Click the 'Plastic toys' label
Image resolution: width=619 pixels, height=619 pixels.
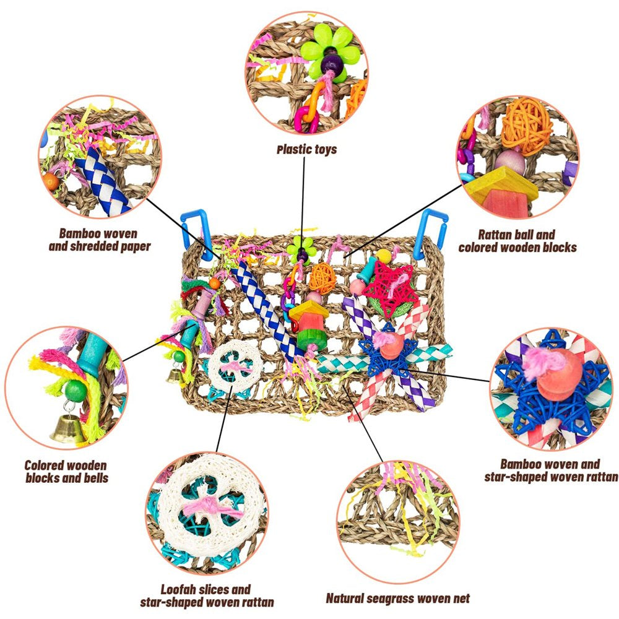pos(306,149)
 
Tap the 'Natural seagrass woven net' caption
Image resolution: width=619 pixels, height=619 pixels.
pos(397,598)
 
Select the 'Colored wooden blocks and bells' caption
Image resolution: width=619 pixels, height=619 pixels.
pos(66,472)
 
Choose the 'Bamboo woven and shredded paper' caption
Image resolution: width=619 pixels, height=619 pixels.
pos(98,240)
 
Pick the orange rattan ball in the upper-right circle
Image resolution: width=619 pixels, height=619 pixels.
pos(526,125)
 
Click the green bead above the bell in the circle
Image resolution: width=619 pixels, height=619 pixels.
pos(74,391)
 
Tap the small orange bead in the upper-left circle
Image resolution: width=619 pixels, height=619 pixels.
pos(50,180)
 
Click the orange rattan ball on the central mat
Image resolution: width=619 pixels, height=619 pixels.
pos(322,278)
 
